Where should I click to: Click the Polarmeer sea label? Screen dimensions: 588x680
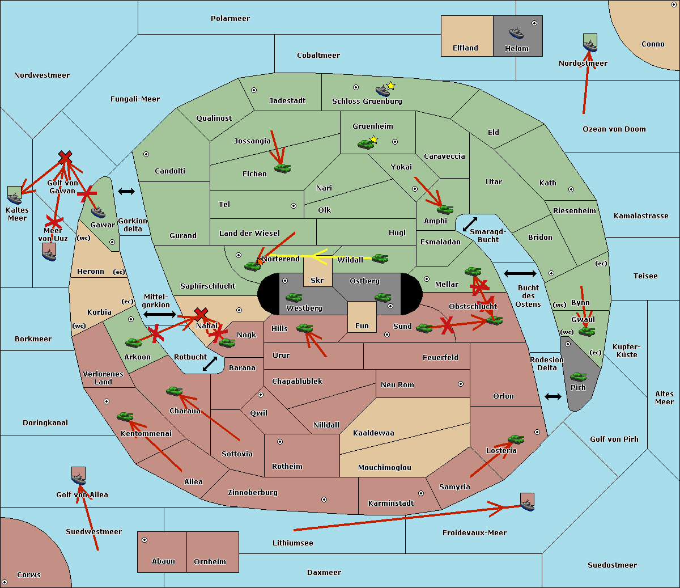pyautogui.click(x=230, y=19)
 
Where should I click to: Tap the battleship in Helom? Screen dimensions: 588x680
pyautogui.click(x=516, y=32)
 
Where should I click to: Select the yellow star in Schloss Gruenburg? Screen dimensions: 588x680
pyautogui.click(x=390, y=86)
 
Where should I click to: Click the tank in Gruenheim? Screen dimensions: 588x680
pyautogui.click(x=365, y=145)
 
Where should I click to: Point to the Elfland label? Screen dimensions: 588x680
pyautogui.click(x=465, y=48)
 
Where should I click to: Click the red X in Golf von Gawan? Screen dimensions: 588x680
pyautogui.click(x=65, y=156)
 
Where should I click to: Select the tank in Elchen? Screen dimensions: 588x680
pyautogui.click(x=282, y=168)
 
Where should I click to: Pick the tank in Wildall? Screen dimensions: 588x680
pyautogui.click(x=380, y=259)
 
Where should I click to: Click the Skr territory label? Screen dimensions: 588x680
pyautogui.click(x=317, y=281)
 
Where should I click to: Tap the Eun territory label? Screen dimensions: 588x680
pyautogui.click(x=362, y=326)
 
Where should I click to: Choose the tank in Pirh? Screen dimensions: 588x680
pyautogui.click(x=578, y=377)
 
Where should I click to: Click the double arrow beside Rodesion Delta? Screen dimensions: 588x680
pyautogui.click(x=553, y=396)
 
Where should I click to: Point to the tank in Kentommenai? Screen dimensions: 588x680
pyautogui.click(x=125, y=417)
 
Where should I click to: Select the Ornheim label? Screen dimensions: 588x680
pyautogui.click(x=210, y=562)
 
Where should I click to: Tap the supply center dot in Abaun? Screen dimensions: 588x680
pyautogui.click(x=144, y=540)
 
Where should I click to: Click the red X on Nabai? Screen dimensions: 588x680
pyautogui.click(x=201, y=314)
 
